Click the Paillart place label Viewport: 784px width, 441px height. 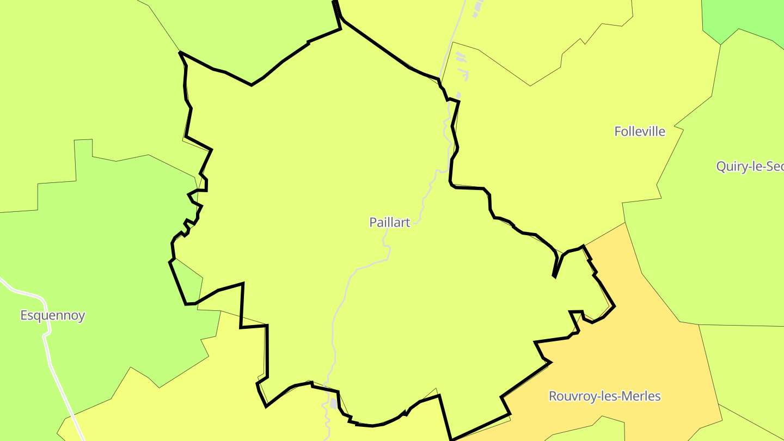click(389, 222)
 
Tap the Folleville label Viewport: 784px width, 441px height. click(640, 131)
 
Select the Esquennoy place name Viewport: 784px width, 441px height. click(53, 315)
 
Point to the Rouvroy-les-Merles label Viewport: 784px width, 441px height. click(604, 396)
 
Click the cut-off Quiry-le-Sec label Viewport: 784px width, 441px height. click(750, 167)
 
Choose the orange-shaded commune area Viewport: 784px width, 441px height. click(653, 354)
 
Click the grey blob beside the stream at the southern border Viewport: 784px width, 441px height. click(333, 403)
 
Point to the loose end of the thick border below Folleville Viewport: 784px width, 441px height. click(554, 277)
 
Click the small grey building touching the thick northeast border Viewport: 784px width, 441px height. click(458, 96)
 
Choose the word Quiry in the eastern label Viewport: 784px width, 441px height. click(730, 167)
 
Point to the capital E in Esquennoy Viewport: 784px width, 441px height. click(24, 315)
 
